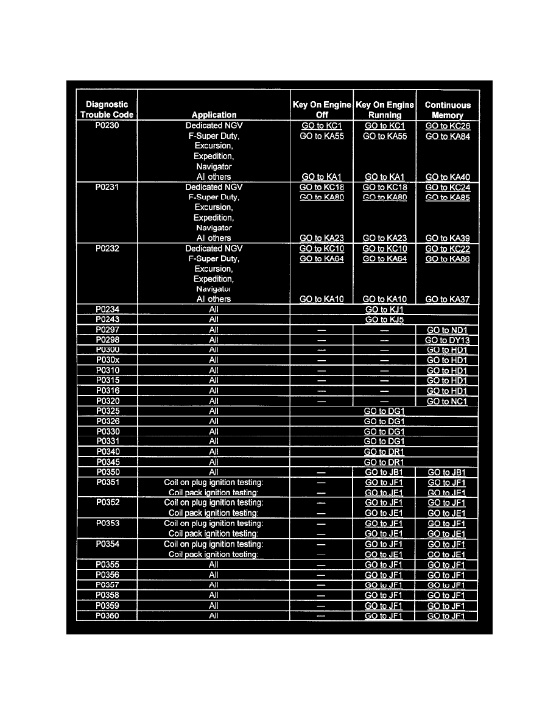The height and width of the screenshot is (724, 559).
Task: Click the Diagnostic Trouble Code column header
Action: point(107,110)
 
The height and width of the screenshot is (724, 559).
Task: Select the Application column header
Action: point(214,115)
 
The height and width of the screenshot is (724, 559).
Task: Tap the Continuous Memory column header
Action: point(448,110)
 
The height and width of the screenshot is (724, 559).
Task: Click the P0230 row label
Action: point(107,126)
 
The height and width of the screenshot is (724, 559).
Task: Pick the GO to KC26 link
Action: point(448,126)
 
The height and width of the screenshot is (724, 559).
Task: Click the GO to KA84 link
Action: point(448,137)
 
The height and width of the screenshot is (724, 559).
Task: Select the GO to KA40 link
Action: point(448,177)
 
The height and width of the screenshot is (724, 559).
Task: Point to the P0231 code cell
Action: point(107,187)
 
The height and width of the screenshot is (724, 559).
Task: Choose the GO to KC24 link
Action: point(448,188)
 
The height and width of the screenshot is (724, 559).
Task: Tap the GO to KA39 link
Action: point(448,238)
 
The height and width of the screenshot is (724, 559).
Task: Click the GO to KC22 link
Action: point(448,249)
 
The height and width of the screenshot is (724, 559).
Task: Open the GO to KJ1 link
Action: point(384,310)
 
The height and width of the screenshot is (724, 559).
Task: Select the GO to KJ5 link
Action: point(384,319)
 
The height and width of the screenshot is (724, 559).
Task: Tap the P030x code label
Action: point(107,360)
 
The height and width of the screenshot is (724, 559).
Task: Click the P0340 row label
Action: point(107,452)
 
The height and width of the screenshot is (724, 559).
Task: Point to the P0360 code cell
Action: point(107,616)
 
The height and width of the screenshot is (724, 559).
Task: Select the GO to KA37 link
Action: point(448,299)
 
